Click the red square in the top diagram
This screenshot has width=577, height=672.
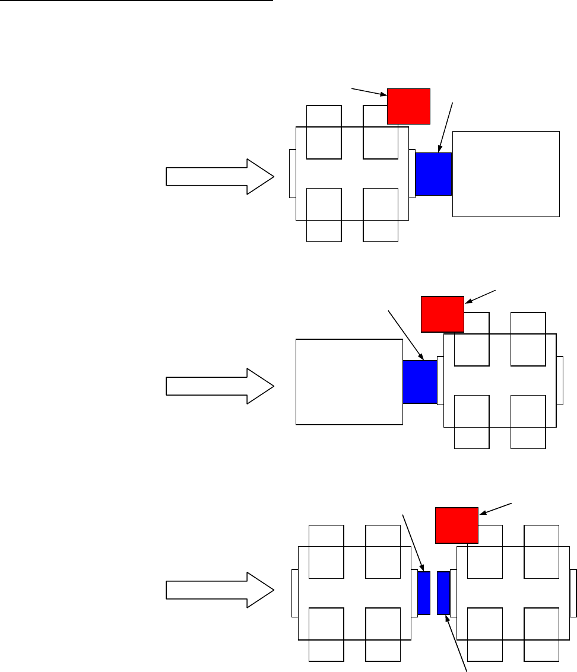(x=408, y=106)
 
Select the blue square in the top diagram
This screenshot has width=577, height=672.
(x=433, y=174)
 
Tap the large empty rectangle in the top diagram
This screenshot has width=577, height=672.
(x=506, y=174)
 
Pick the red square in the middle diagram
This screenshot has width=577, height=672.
(x=442, y=314)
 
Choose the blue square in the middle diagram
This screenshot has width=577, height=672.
(x=420, y=382)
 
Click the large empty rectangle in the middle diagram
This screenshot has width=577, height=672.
(x=348, y=382)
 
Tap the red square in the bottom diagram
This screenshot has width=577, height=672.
(x=456, y=525)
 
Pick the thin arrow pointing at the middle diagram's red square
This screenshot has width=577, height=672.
(x=481, y=297)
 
